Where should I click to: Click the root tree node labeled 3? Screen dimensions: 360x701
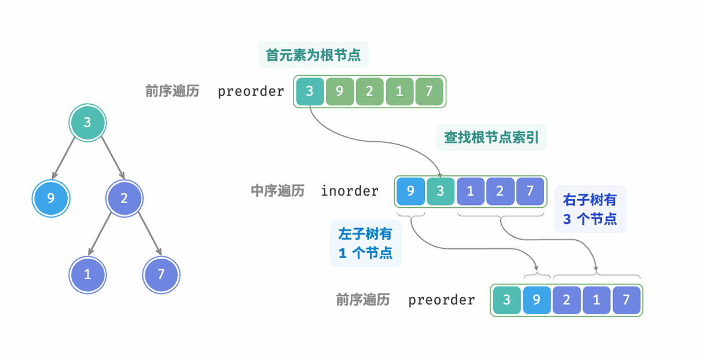(87, 123)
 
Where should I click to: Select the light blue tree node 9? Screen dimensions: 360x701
(51, 199)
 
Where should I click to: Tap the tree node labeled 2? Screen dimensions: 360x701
(124, 199)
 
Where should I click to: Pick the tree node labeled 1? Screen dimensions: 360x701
(87, 274)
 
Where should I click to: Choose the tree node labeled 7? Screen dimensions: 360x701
(161, 274)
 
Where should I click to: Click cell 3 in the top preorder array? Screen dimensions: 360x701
(310, 91)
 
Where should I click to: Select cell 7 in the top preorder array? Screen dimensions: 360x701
(429, 91)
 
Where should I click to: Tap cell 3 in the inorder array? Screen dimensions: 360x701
(441, 191)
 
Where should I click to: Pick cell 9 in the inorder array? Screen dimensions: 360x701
(411, 191)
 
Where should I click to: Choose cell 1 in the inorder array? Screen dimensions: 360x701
(471, 191)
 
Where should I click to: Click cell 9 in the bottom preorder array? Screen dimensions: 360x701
(537, 300)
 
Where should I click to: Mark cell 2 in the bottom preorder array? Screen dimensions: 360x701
(567, 300)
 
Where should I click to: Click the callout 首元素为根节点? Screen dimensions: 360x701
(313, 56)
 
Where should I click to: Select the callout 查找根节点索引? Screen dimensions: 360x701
(491, 138)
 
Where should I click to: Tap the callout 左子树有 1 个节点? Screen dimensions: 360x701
(365, 243)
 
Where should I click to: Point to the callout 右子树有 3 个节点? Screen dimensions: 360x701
(590, 210)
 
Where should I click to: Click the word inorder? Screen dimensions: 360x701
(350, 191)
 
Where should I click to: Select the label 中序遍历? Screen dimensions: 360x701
(277, 191)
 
